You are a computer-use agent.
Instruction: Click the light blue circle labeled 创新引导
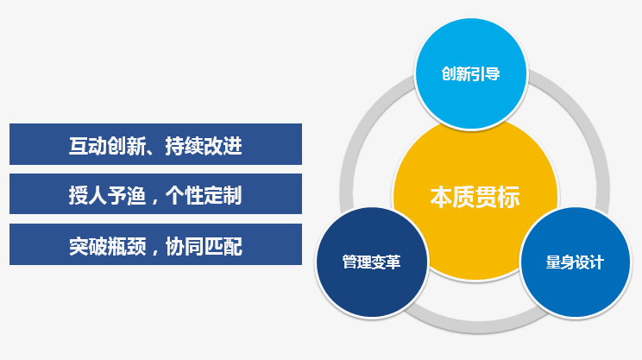tap(471, 74)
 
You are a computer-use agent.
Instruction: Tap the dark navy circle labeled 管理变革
tap(372, 262)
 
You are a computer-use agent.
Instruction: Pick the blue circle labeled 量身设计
tap(575, 262)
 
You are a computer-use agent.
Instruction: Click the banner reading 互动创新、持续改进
tap(155, 144)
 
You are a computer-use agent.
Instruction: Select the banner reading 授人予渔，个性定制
tap(155, 193)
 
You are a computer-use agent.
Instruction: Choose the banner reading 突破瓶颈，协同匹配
tap(155, 244)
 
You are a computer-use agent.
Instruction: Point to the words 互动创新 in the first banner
tap(107, 146)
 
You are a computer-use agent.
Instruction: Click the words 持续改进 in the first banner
tap(204, 146)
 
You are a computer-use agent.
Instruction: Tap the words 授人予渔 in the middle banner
tap(107, 195)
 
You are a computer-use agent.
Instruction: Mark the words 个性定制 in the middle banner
tap(204, 195)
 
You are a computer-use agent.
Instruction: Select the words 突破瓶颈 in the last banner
tap(107, 246)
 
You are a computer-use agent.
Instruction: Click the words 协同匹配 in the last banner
tap(204, 246)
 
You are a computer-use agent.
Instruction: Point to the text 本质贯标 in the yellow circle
tap(475, 197)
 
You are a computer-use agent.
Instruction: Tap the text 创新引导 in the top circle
tap(471, 74)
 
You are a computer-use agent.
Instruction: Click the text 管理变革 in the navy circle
tap(371, 262)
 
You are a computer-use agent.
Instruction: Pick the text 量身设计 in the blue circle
tap(575, 262)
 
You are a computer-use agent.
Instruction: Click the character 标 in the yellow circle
tap(509, 197)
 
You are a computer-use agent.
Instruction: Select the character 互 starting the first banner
tap(79, 146)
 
